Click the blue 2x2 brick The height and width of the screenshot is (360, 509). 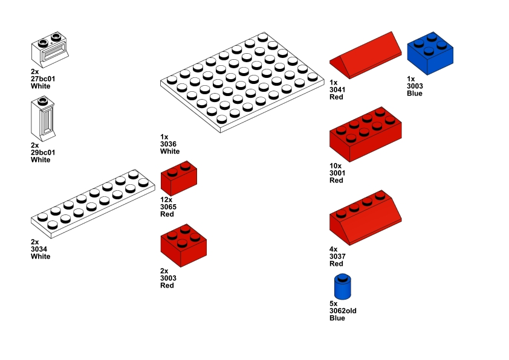pos(430,54)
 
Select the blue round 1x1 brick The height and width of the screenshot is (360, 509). pos(343,287)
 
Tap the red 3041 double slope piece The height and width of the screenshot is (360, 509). pos(366,56)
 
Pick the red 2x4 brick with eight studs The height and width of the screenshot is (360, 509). pos(366,134)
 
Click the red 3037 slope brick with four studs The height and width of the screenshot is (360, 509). pos(366,217)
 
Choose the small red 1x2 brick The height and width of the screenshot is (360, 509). pos(179,178)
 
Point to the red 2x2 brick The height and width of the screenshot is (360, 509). pos(183,245)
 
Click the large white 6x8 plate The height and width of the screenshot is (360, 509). pos(242,82)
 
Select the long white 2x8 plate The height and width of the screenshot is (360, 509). pos(93,204)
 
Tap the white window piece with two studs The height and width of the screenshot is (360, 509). pos(50,50)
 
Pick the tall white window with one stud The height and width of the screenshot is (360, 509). pos(43,118)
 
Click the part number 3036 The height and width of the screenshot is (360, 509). pos(168,144)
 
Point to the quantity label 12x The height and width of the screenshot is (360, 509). pos(166,200)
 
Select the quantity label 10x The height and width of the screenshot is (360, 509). pos(336,166)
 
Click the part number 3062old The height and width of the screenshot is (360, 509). pos(343,310)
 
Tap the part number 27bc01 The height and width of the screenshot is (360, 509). pos(43,79)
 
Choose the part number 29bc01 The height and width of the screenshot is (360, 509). pos(43,152)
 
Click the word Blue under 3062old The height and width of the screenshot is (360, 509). pos(337,318)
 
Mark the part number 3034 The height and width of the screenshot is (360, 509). pos(39,249)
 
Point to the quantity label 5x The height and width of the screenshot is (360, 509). pos(333,304)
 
